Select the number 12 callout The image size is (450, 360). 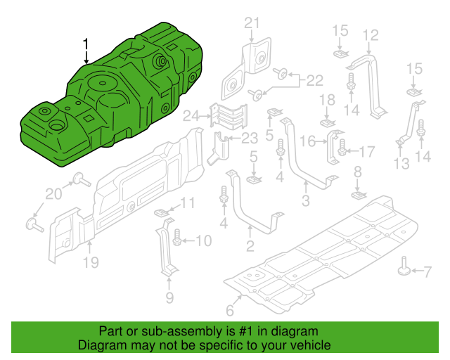pyautogui.click(x=370, y=34)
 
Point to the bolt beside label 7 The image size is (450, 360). pyautogui.click(x=406, y=268)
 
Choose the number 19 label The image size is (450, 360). pyautogui.click(x=91, y=264)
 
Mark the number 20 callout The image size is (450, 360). pyautogui.click(x=54, y=193)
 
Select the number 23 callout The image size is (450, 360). pyautogui.click(x=249, y=139)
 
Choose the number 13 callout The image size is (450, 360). pyautogui.click(x=401, y=165)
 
